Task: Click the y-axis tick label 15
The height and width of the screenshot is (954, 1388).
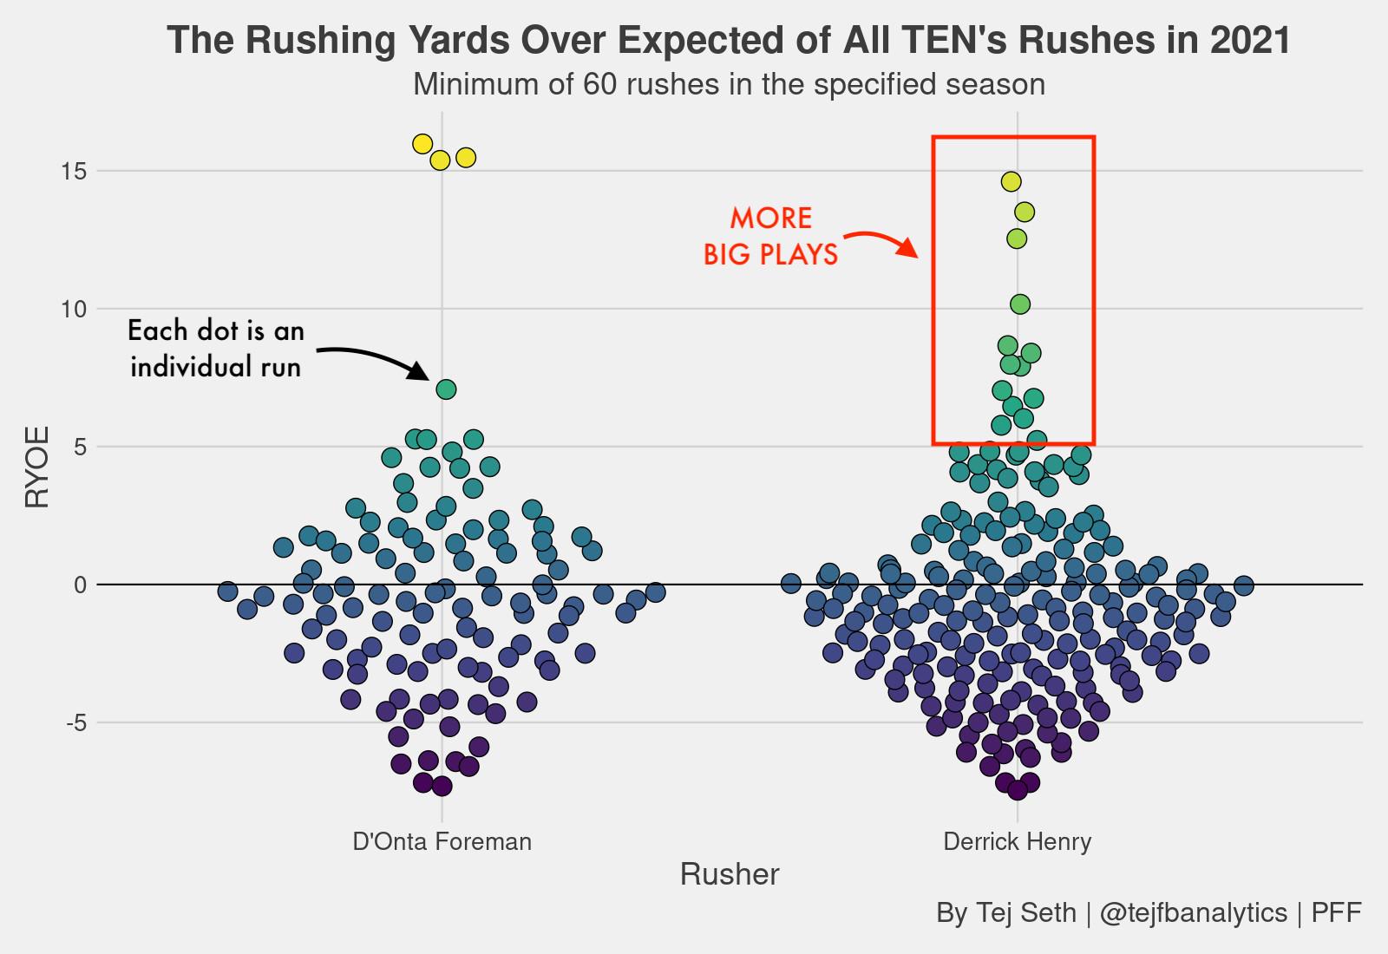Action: (x=75, y=172)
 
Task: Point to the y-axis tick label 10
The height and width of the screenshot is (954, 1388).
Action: (x=75, y=310)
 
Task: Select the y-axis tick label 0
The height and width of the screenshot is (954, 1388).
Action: (x=81, y=585)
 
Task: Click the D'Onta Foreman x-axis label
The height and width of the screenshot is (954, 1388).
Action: (x=442, y=841)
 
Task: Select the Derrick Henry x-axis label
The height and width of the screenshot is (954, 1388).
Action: (x=1017, y=841)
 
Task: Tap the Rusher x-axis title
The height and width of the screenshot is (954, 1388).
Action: (x=730, y=874)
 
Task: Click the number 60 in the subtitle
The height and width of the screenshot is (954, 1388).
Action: (x=600, y=84)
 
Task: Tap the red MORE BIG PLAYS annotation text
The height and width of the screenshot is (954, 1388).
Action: (x=770, y=236)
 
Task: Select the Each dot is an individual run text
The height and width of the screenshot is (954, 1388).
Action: (x=216, y=349)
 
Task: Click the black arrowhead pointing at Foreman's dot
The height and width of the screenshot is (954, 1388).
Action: (x=419, y=372)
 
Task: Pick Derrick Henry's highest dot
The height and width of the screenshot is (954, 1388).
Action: (x=1011, y=181)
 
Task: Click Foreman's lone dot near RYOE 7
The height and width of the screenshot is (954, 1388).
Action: (x=446, y=389)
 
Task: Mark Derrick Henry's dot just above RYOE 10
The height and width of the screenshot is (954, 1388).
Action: (x=1020, y=304)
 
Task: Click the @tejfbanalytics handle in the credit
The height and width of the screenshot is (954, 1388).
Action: (x=1193, y=912)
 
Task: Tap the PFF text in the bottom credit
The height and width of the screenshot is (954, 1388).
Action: (x=1336, y=912)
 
